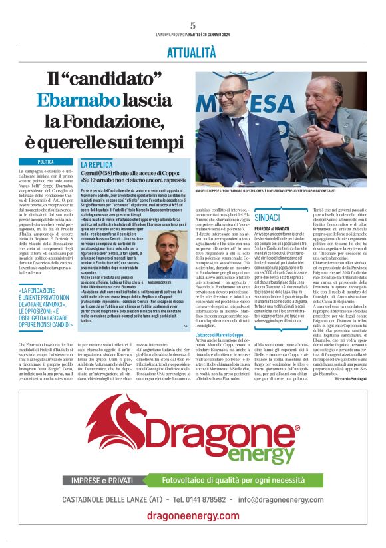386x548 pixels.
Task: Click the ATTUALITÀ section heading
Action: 193,51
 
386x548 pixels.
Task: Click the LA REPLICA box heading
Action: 96,164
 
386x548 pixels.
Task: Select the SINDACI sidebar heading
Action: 267,218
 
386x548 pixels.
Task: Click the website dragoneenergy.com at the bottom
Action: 193,522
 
